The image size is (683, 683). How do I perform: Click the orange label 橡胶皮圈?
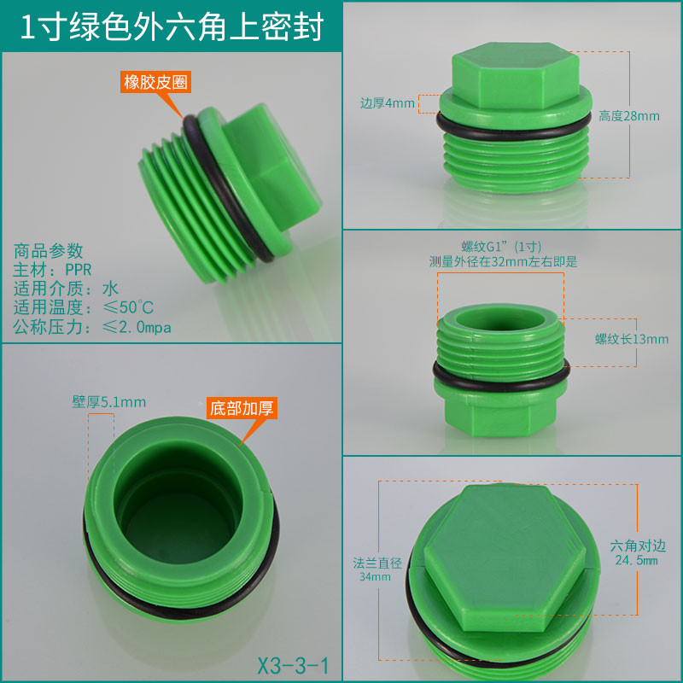(x=155, y=82)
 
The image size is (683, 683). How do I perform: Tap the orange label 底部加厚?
(x=242, y=408)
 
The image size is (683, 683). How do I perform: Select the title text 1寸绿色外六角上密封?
(x=172, y=27)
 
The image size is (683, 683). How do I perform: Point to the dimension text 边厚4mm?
(x=388, y=103)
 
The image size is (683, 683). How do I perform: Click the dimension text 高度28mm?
(x=628, y=116)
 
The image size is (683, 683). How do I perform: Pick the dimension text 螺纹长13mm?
(x=632, y=339)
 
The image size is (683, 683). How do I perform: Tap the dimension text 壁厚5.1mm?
(x=109, y=402)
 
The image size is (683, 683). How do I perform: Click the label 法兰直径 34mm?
(x=377, y=569)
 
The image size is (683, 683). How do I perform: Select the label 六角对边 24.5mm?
(x=637, y=552)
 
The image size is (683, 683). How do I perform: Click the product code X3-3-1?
(x=293, y=666)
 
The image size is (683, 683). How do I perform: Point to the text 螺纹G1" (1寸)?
(x=501, y=247)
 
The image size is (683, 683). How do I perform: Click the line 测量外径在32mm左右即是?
(x=503, y=261)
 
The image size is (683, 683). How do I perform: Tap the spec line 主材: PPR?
(x=52, y=270)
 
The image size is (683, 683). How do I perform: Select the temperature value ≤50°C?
(x=128, y=307)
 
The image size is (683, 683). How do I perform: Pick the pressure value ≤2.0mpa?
(x=137, y=327)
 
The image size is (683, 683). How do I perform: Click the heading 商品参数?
(x=48, y=251)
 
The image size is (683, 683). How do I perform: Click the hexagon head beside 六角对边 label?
(x=505, y=558)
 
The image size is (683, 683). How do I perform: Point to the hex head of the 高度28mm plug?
(x=516, y=75)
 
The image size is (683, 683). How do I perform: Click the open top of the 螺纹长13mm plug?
(x=500, y=318)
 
